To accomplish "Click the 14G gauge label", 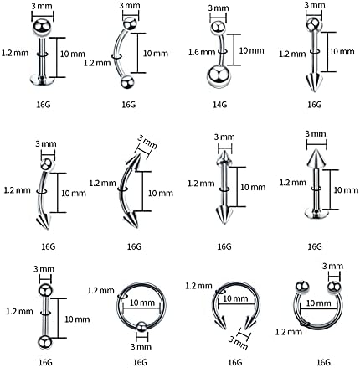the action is pyautogui.click(x=219, y=105).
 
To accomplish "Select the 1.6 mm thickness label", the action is pyautogui.click(x=202, y=52).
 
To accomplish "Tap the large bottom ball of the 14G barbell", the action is pyautogui.click(x=219, y=76).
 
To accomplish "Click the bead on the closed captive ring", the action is pyautogui.click(x=141, y=327).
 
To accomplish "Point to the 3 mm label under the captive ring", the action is pyautogui.click(x=141, y=346).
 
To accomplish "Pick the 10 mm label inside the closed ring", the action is pyautogui.click(x=142, y=303).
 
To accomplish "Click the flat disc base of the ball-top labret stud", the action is pyautogui.click(x=42, y=80).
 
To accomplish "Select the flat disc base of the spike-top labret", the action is pyautogui.click(x=316, y=214).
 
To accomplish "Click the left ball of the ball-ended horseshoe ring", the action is pyautogui.click(x=303, y=287).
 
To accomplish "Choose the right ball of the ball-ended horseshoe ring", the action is pyautogui.click(x=334, y=288).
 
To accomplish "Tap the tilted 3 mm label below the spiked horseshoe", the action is pyautogui.click(x=238, y=343).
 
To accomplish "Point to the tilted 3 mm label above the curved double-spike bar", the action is pyautogui.click(x=147, y=143).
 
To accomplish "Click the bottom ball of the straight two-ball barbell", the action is pyautogui.click(x=44, y=342).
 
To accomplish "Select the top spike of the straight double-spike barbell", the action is pyautogui.click(x=224, y=158).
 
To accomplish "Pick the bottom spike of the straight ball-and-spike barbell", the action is pyautogui.click(x=314, y=82).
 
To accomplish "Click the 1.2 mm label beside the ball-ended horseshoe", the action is pyautogui.click(x=289, y=332).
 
